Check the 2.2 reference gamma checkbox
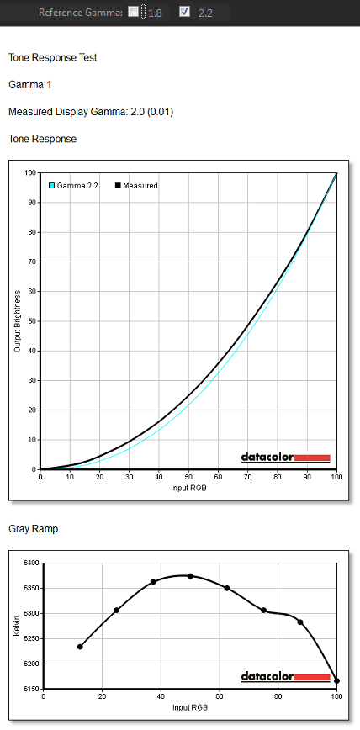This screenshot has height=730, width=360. point(184,12)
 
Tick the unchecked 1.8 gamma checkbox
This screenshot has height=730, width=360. point(133,12)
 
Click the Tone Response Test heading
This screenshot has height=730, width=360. point(53,58)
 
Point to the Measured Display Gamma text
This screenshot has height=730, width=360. point(91,112)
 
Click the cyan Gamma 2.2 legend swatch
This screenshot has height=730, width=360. point(52,186)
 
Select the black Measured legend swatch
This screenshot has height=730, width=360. point(119,186)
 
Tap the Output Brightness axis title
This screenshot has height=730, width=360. point(18,320)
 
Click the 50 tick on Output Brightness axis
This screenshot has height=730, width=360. point(33,321)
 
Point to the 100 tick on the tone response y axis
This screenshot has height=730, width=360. point(31,172)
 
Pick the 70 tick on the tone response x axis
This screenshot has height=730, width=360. point(248,477)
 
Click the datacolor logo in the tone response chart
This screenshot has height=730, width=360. point(285,458)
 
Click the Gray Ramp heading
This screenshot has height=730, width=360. point(33,529)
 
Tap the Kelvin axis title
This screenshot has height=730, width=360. point(18,625)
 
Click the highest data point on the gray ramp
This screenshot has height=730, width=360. point(190,576)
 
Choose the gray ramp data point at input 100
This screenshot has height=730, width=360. point(336,680)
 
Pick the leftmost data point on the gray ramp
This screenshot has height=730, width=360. point(80,647)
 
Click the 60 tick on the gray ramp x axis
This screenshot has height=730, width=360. point(220,697)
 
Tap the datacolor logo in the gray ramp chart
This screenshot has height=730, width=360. point(285,677)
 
